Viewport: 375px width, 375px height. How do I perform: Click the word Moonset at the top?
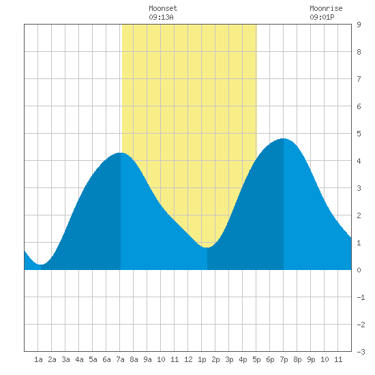coord(163,8)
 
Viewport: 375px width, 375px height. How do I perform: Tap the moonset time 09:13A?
coord(161,17)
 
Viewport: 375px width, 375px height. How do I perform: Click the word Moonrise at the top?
coord(326,8)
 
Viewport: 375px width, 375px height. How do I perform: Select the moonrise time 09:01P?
coord(322,17)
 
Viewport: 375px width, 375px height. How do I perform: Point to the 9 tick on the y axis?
coord(359,25)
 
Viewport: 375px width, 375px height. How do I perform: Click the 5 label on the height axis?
coord(359,134)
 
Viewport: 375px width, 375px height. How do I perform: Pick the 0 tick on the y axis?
coord(359,270)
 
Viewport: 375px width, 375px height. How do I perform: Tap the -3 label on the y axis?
coord(361,352)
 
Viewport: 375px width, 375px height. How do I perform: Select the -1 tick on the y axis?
coord(361,297)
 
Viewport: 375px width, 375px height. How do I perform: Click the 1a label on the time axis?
coord(38,359)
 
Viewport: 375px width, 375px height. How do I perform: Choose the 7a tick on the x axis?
coord(120,359)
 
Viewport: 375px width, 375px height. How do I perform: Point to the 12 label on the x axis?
coord(188,359)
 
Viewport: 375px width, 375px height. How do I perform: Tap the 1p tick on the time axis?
coord(202,359)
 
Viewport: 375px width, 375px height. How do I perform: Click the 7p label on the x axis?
coord(284,359)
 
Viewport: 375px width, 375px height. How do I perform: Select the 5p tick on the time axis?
coord(256,359)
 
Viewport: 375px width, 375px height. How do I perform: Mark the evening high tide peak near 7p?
coord(284,138)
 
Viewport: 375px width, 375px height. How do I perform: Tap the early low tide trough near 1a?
coord(41,265)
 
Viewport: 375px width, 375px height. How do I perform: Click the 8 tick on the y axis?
coord(359,52)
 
